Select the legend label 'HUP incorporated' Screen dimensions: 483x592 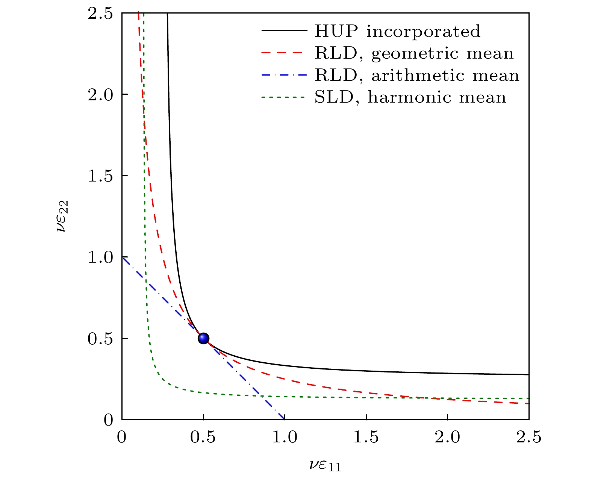click(x=397, y=31)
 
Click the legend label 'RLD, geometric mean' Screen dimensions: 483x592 click(x=414, y=53)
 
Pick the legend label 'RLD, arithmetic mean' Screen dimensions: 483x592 click(x=417, y=76)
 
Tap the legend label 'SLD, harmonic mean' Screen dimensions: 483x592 click(x=410, y=97)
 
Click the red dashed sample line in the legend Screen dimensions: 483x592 click(x=282, y=53)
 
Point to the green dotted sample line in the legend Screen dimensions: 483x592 click(x=282, y=97)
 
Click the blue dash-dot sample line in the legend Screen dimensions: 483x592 click(x=282, y=75)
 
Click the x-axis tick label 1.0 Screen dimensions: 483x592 click(x=285, y=438)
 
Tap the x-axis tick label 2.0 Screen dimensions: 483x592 click(x=447, y=438)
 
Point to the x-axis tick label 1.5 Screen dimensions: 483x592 click(x=366, y=438)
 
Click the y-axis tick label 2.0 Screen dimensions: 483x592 click(x=100, y=94)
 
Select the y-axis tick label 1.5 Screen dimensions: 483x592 click(x=100, y=176)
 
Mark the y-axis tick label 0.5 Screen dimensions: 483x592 click(x=100, y=339)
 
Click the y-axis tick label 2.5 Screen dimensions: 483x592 click(x=100, y=13)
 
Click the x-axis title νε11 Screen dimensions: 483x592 click(x=325, y=465)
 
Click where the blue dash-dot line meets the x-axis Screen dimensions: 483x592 click(x=285, y=419)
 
